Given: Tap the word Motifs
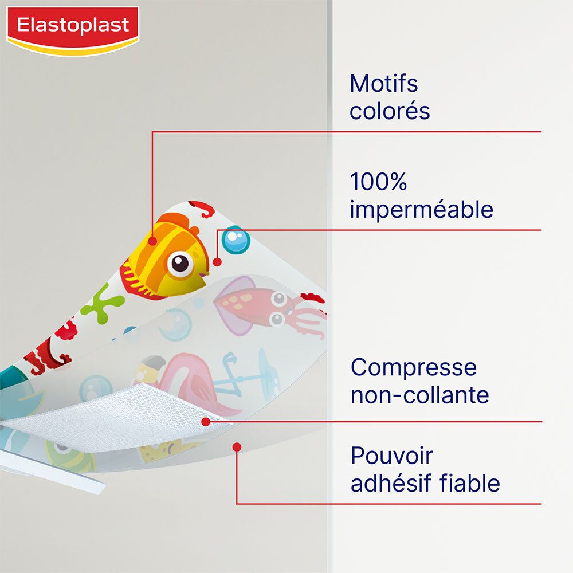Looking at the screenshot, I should (383, 84).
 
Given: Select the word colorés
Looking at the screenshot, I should (390, 111).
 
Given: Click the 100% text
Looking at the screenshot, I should (378, 182).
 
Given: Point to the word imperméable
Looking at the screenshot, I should (421, 210).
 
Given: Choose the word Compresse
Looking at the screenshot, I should (413, 367).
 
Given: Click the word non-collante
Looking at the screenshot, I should (419, 395).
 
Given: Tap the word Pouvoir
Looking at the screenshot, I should (392, 456).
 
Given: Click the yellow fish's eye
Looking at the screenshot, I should (180, 264).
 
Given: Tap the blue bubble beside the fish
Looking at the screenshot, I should (236, 240).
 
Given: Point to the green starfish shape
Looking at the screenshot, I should (101, 304).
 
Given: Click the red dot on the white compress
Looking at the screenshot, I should (206, 422).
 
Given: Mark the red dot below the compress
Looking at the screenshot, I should (237, 446).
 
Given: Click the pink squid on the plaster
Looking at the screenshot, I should (258, 304).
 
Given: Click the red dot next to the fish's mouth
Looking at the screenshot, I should (217, 262).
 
